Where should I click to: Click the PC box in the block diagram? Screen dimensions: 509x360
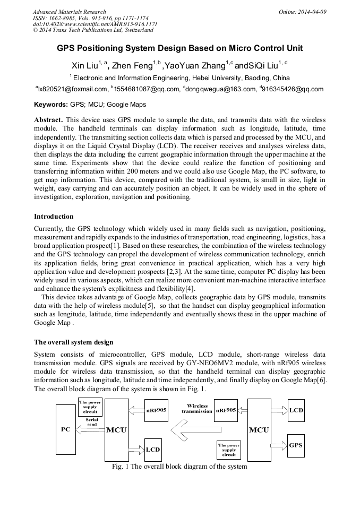[x=66, y=429]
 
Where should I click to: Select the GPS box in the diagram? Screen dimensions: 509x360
[x=296, y=444]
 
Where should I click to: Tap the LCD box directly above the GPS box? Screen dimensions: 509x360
[x=296, y=410]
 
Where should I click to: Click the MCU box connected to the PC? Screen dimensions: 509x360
[x=117, y=429]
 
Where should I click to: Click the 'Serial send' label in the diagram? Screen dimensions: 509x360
[x=91, y=421]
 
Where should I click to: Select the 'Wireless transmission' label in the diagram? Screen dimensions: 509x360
[x=197, y=408]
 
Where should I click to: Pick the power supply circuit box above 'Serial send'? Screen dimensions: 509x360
[x=91, y=407]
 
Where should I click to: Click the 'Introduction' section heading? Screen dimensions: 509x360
[x=54, y=217]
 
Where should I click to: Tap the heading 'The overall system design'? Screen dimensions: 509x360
[x=73, y=342]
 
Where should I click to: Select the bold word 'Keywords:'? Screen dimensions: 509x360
[x=51, y=105]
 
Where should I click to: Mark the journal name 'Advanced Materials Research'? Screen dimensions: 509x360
[x=69, y=12]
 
